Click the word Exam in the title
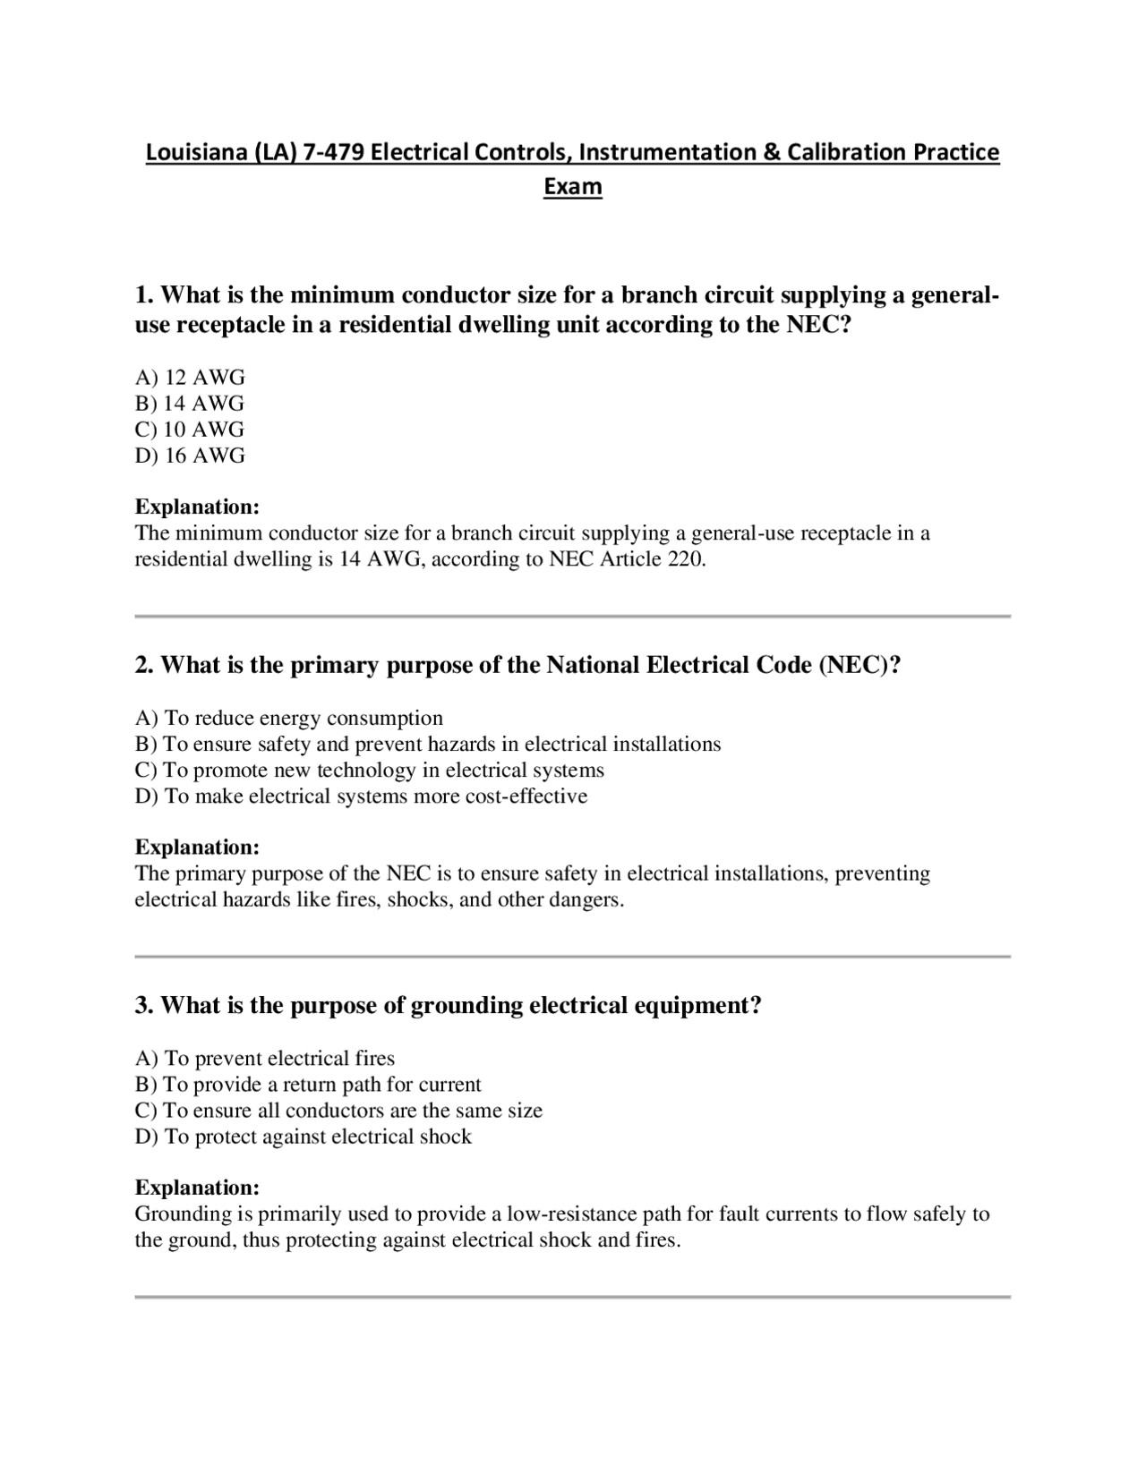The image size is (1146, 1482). coord(573,187)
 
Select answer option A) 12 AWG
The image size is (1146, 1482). coord(190,378)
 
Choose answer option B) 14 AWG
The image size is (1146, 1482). coord(190,404)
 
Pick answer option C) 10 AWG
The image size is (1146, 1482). coord(190,430)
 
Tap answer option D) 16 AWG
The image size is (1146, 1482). coord(190,456)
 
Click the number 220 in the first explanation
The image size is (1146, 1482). coord(686,559)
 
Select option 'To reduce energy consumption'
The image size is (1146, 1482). coord(289,719)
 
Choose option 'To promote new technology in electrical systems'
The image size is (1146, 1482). coord(370,771)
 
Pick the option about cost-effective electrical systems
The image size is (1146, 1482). coord(362,796)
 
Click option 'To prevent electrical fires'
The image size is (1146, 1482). coord(265,1059)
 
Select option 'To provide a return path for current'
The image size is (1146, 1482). coord(308,1085)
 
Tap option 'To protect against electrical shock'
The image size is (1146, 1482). coord(304,1137)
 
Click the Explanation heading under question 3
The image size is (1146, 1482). coord(197,1188)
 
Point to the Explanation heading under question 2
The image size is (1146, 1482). coord(197,847)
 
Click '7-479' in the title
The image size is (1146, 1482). coord(334,153)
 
